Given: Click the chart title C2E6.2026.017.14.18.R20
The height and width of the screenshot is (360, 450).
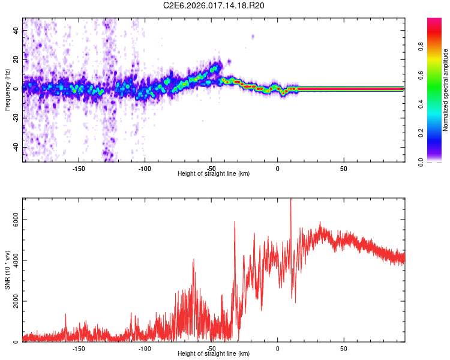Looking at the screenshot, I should point(214,5).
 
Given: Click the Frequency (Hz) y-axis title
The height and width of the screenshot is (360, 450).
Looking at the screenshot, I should point(7,90).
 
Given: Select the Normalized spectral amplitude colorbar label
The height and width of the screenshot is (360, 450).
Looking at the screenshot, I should point(446,90).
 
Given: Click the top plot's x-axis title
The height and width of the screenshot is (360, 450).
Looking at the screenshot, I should point(214,173).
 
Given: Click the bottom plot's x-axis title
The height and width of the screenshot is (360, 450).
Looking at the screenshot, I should point(214,353).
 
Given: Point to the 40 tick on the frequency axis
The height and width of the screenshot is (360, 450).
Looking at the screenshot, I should point(16,30).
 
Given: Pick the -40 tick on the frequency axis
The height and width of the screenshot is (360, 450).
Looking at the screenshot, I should point(16,147).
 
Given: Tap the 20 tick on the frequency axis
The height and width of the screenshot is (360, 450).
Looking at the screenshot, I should point(16,59).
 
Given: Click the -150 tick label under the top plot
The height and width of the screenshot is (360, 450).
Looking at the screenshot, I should point(79,169).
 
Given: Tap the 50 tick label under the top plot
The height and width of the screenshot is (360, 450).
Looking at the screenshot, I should point(344,169).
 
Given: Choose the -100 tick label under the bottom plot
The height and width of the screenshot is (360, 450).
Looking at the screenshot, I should point(145,349).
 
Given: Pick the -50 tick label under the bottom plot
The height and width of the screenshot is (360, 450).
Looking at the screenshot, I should point(211,349).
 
